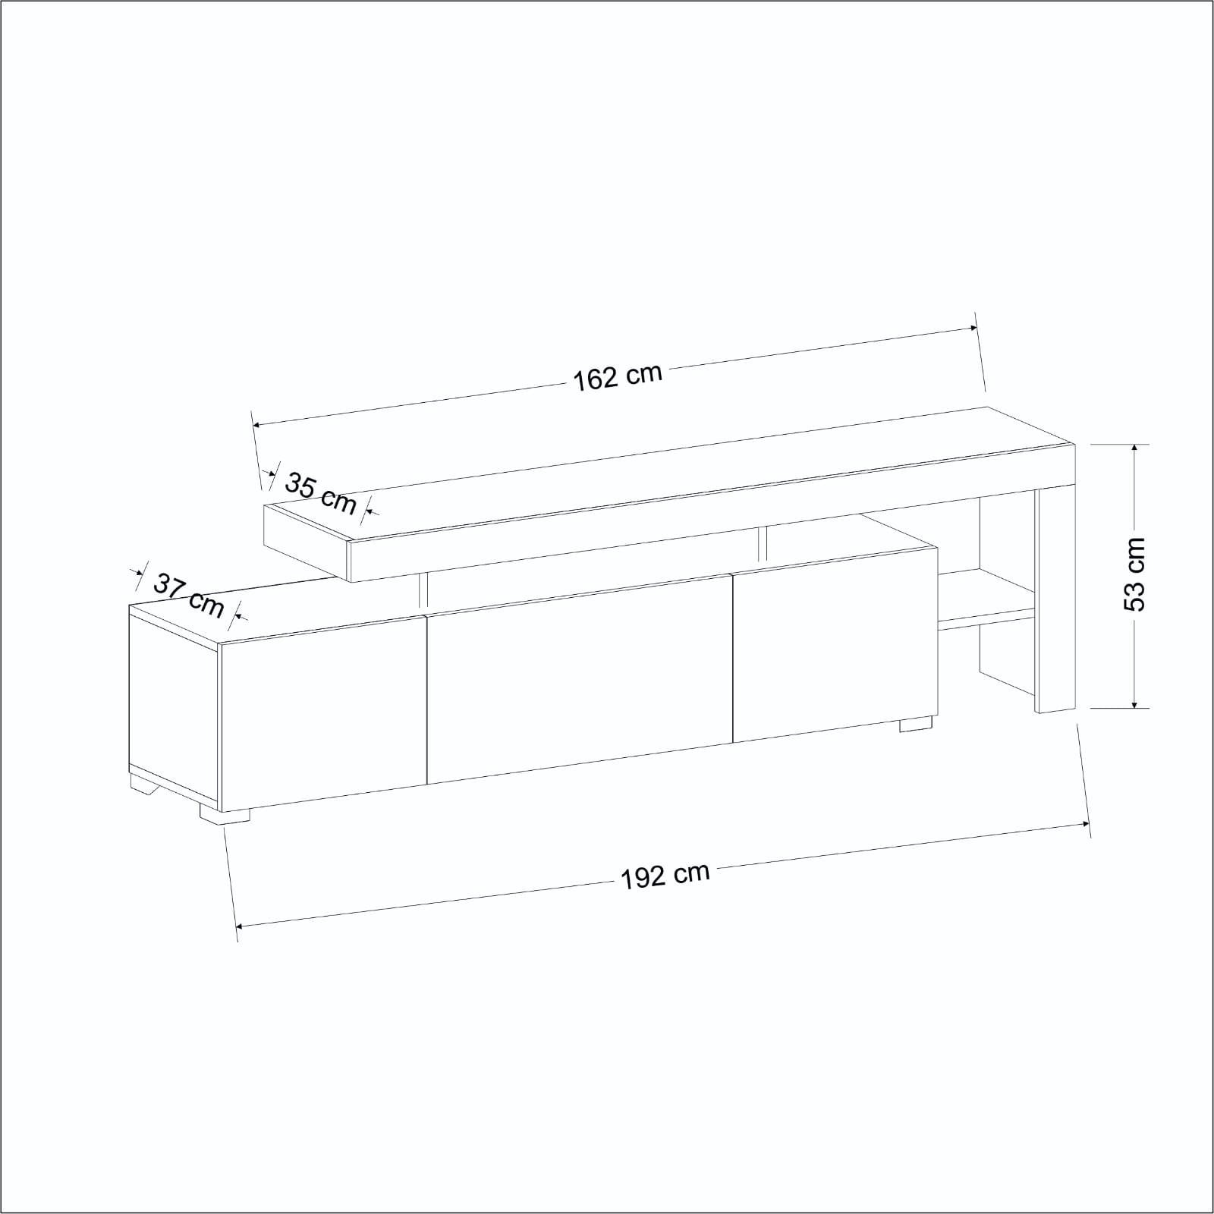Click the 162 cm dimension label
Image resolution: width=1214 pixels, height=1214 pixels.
pyautogui.click(x=617, y=376)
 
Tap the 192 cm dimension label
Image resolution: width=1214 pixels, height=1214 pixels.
pyautogui.click(x=665, y=875)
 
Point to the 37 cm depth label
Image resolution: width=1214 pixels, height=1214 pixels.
pyautogui.click(x=189, y=595)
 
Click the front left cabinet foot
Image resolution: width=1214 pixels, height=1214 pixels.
pyautogui.click(x=225, y=813)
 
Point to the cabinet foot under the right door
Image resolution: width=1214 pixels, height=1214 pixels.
pyautogui.click(x=916, y=724)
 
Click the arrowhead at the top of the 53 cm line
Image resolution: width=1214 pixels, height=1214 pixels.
pyautogui.click(x=1134, y=450)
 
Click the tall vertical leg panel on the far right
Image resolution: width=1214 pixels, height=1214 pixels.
pyautogui.click(x=1055, y=599)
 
